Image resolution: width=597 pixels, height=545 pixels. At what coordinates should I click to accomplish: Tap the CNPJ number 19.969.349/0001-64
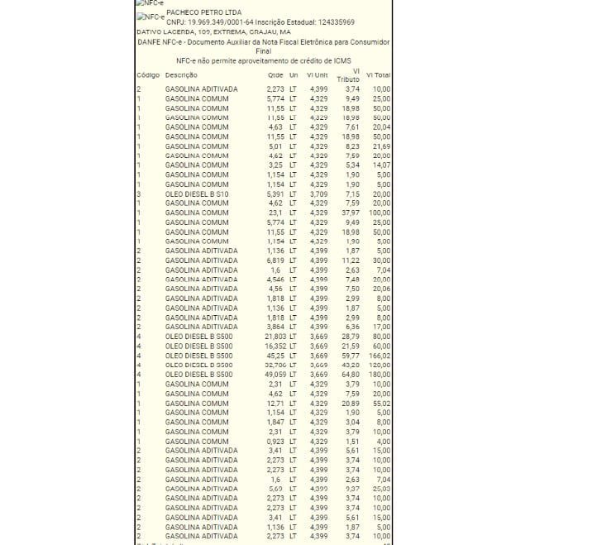(x=217, y=22)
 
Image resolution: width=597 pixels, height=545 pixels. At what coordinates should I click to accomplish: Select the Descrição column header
(x=181, y=75)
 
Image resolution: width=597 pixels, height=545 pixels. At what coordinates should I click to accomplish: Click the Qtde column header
(x=275, y=75)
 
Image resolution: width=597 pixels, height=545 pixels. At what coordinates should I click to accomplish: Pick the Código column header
(x=148, y=75)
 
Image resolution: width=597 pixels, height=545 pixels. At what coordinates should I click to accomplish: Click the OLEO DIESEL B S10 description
(x=196, y=194)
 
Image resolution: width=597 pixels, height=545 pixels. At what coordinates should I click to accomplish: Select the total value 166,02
(x=380, y=356)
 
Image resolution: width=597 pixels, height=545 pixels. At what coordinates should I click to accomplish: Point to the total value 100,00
(x=380, y=213)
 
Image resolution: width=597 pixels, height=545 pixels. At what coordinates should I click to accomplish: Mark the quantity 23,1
(x=277, y=213)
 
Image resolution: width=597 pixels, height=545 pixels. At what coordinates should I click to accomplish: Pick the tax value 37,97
(x=351, y=213)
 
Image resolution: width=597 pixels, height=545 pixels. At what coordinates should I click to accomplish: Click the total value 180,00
(x=380, y=375)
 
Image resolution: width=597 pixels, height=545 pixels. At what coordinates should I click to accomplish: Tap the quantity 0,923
(x=275, y=441)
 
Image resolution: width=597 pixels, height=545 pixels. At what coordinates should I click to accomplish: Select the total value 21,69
(x=381, y=146)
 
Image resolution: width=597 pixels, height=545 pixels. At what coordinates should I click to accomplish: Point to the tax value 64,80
(x=351, y=375)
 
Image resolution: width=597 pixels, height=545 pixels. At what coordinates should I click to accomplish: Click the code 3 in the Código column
(x=139, y=194)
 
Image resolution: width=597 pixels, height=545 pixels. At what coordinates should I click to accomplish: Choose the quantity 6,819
(x=275, y=260)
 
